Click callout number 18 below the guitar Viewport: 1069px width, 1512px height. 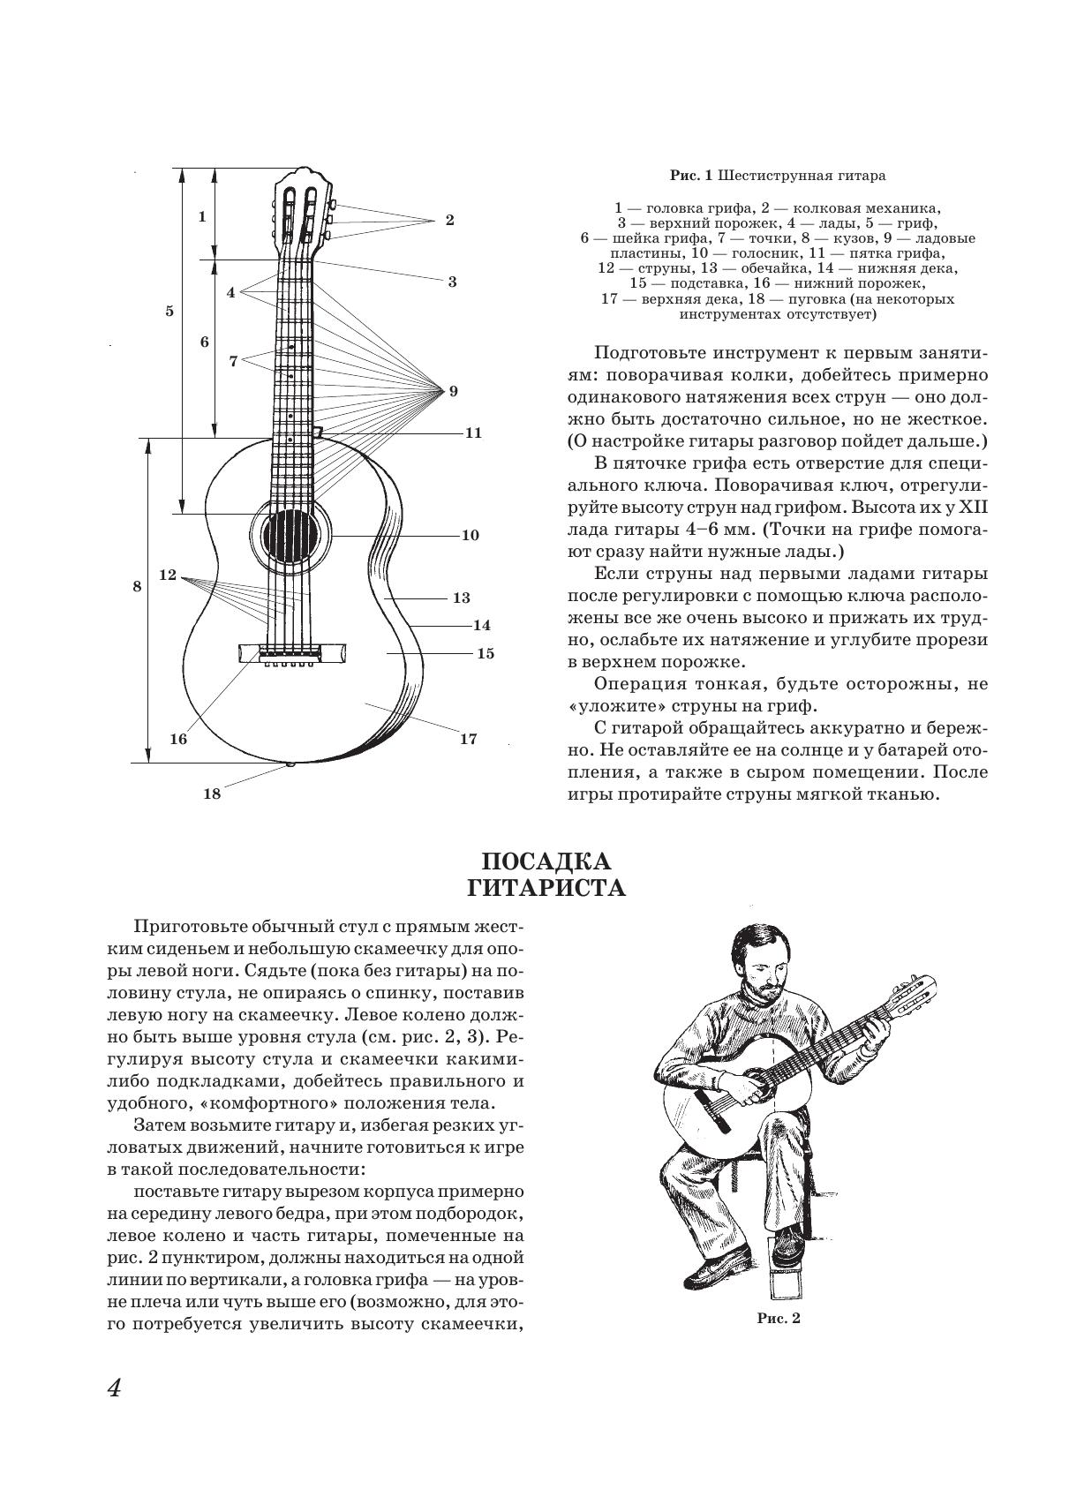(212, 793)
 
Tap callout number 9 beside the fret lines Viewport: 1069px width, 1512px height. (454, 390)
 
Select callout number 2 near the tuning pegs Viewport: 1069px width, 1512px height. (449, 220)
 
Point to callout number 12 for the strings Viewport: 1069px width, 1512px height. (168, 575)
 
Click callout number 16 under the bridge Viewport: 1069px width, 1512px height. (178, 739)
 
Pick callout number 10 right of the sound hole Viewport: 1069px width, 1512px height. (470, 535)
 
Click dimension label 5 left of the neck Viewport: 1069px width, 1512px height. (169, 311)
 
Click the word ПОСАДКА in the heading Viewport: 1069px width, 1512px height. (546, 861)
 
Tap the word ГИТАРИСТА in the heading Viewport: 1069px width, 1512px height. (546, 887)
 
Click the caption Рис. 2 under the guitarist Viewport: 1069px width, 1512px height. (778, 1320)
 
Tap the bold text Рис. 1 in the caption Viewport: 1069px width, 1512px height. (690, 176)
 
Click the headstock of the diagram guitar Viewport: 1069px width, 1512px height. (302, 210)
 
